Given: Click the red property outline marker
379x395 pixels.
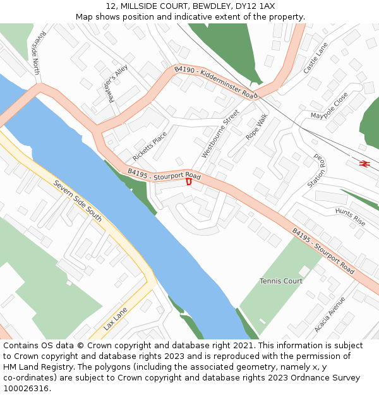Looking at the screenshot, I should click(188, 182).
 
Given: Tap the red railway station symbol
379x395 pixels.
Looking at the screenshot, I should click(364, 164).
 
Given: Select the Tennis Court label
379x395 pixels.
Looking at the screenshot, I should click(281, 281).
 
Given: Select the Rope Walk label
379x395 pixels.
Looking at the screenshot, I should click(257, 126).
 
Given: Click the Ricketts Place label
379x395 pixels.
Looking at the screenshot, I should click(150, 146).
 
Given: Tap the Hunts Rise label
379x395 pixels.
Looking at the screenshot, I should click(350, 217).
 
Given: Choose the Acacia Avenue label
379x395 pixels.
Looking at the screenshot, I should click(330, 315).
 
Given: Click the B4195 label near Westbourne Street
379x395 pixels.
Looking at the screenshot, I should click(164, 174).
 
